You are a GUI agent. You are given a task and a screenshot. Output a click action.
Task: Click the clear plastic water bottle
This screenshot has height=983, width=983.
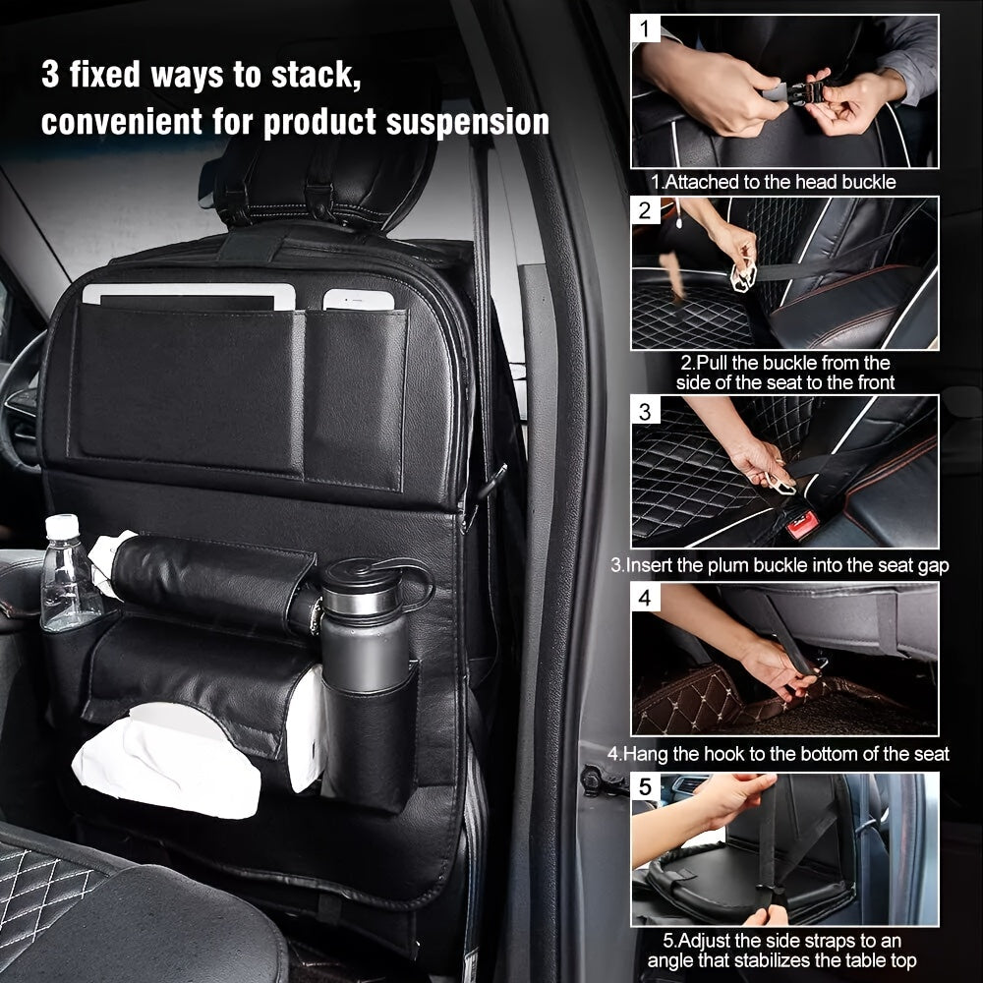pos(69,580)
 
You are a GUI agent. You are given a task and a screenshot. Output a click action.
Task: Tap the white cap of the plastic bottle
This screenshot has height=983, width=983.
pos(62,527)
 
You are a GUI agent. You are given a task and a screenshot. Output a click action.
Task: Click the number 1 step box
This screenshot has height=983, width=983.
pos(645,29)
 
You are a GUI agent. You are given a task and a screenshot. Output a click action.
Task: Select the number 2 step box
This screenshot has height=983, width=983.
pos(645,210)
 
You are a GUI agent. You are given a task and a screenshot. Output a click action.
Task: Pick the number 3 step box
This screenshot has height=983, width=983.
pos(645,410)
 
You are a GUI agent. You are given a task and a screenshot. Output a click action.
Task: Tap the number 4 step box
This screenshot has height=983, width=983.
pos(645,597)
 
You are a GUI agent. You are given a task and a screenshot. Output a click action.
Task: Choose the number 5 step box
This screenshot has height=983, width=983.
pos(645,787)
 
